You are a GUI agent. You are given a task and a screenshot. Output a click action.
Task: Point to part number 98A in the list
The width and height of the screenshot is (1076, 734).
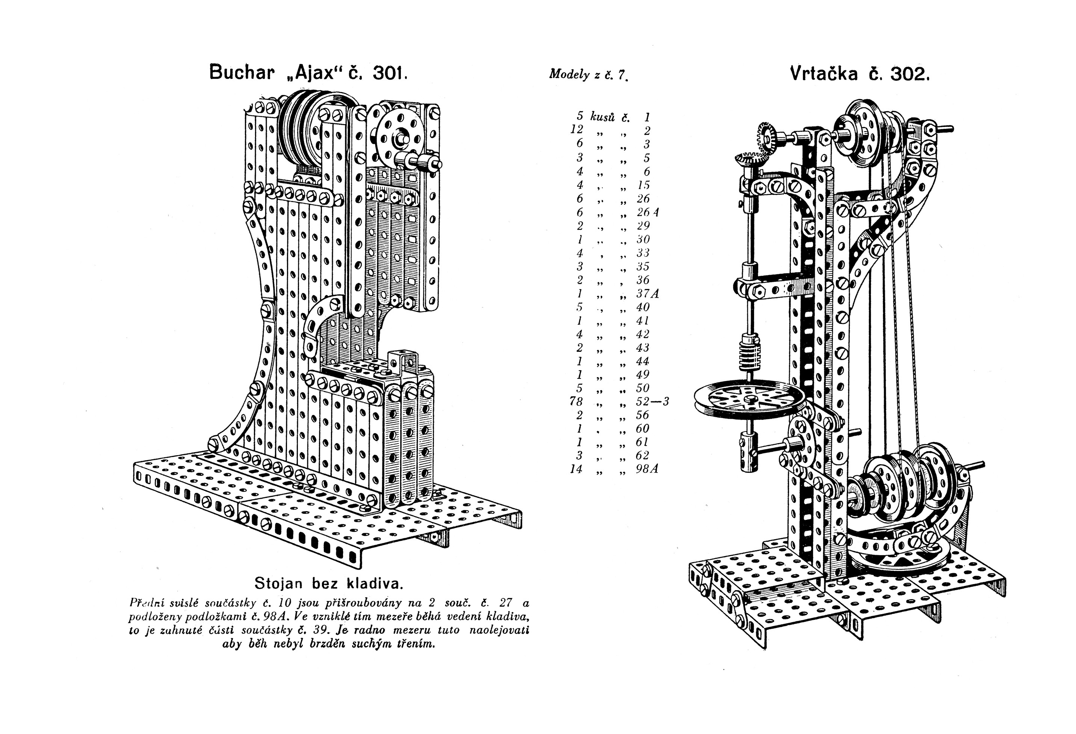pos(647,469)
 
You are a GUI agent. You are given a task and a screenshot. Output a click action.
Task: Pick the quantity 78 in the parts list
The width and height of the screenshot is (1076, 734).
pos(576,401)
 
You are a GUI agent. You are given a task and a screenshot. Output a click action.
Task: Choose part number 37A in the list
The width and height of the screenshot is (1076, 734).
pos(647,293)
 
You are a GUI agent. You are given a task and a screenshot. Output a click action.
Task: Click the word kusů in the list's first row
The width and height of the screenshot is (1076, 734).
pos(602,117)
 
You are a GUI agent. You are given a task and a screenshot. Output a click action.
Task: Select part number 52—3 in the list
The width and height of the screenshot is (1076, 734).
pos(652,401)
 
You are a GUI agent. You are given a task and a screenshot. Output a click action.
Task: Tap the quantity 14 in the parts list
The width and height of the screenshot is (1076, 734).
pos(576,469)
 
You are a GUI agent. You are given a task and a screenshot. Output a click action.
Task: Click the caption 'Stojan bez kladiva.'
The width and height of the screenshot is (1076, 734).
pos(329,583)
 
